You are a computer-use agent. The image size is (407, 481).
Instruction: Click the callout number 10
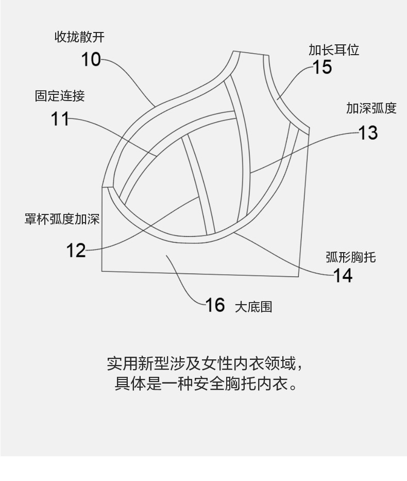tap(91, 59)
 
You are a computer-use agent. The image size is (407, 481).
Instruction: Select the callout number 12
tap(76, 250)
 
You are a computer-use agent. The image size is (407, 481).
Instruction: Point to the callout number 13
tap(368, 133)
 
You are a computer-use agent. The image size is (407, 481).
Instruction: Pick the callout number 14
tap(343, 275)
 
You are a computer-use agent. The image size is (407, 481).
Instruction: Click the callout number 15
tap(322, 67)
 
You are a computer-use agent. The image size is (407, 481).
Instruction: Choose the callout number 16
tap(215, 305)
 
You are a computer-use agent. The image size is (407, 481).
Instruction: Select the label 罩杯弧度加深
tap(62, 219)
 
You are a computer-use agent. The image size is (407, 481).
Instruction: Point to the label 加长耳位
tap(334, 50)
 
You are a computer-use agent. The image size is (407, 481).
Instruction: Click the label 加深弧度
tap(371, 108)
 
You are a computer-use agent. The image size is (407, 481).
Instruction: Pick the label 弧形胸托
tap(350, 257)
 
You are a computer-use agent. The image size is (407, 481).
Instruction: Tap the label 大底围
tap(253, 307)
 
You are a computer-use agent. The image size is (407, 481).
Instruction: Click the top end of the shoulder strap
tap(251, 54)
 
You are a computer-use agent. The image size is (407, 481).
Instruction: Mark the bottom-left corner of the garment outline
tap(102, 271)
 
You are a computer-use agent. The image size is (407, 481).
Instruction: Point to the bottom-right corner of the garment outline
tap(298, 277)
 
